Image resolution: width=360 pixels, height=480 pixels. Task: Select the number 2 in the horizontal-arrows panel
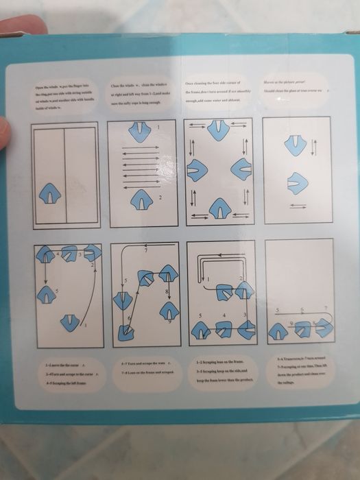[x=160, y=198]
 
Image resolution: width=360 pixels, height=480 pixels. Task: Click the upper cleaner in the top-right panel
[x=295, y=145]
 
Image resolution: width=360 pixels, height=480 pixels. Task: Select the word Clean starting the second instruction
[x=116, y=86]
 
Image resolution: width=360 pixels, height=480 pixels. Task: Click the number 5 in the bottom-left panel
[x=57, y=291]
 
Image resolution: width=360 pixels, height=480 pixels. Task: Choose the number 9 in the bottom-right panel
[x=290, y=321]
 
